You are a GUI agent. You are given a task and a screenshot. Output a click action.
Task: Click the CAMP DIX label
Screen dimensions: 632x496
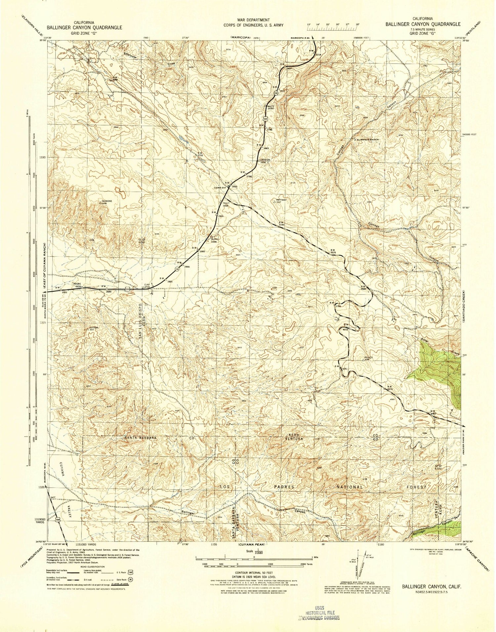[219, 188]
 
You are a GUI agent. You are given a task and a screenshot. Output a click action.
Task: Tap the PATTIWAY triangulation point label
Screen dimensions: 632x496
[281, 200]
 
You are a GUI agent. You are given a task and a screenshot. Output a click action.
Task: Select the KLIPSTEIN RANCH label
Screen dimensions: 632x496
[367, 140]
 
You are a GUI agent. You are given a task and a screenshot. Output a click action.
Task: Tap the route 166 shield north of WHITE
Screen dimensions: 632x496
[275, 94]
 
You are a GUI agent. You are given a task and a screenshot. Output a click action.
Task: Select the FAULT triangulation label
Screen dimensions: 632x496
[226, 203]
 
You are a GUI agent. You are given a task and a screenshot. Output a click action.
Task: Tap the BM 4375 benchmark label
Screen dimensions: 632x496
[390, 388]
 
